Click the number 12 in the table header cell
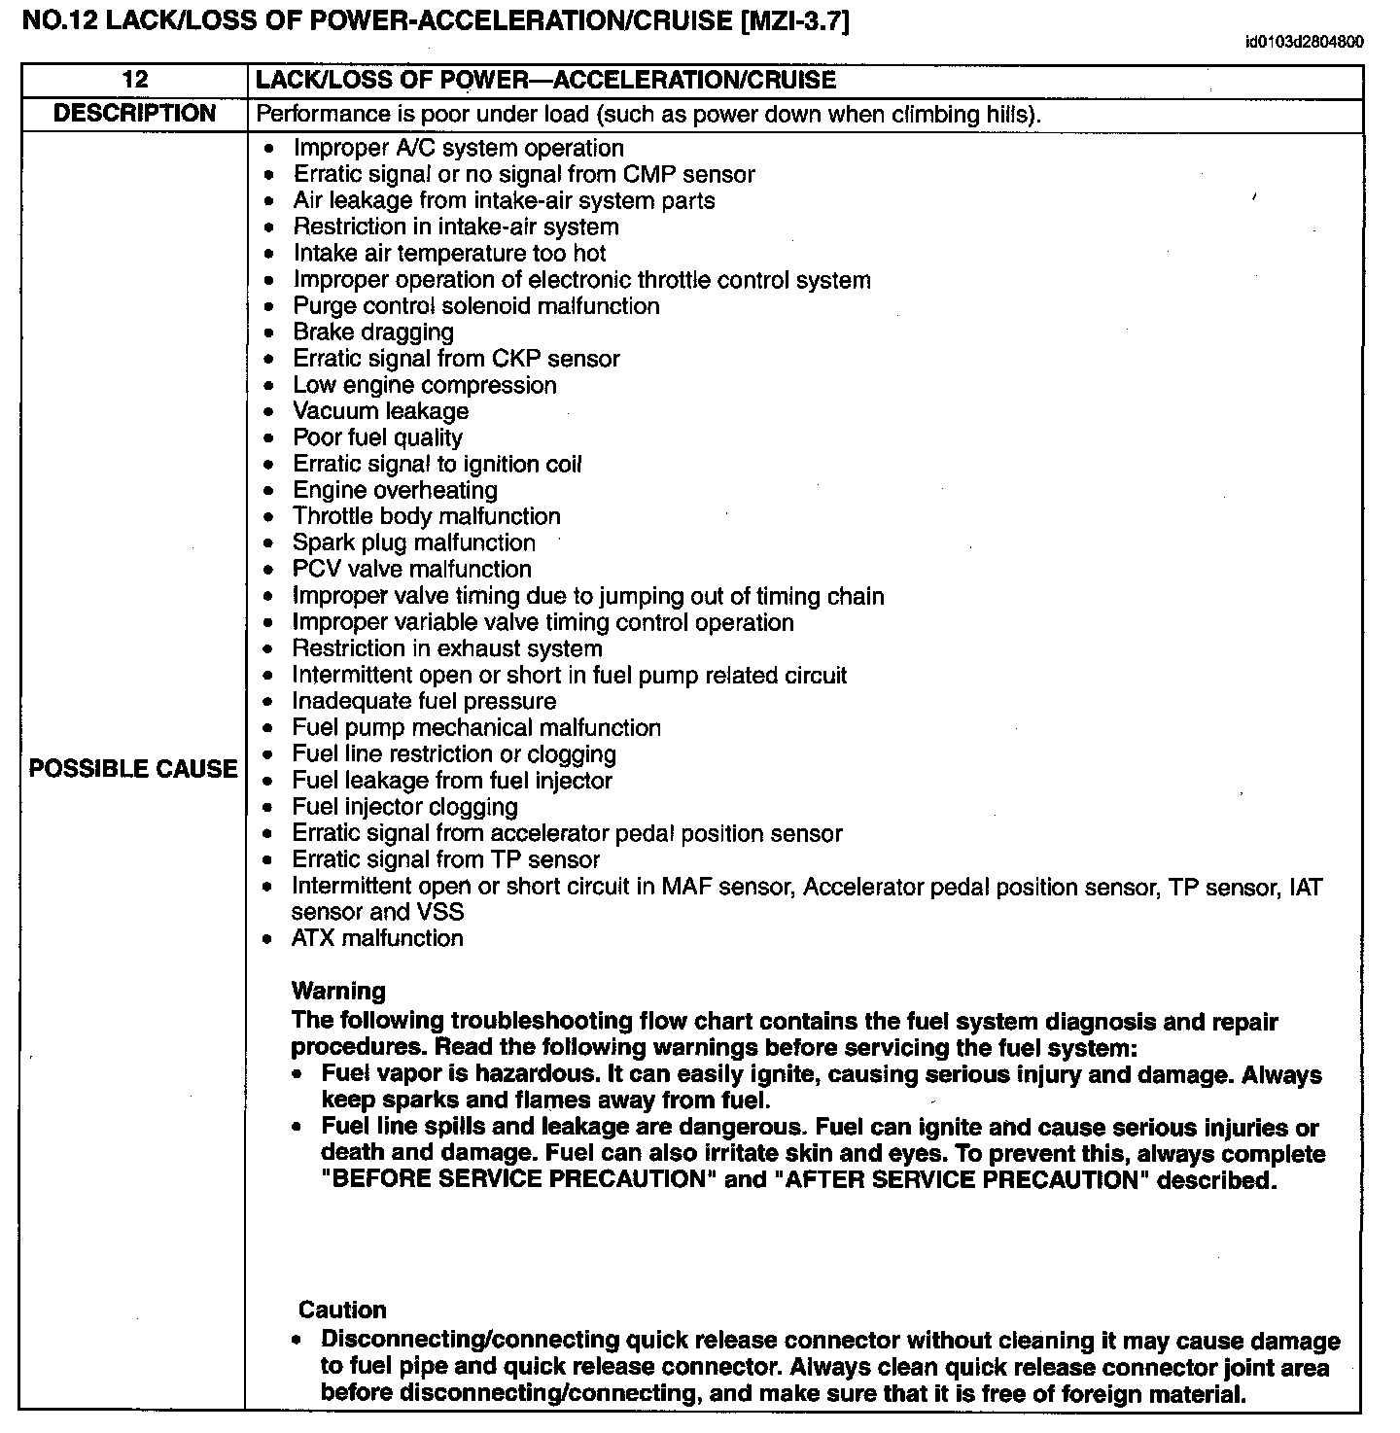tap(134, 81)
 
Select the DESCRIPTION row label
tap(134, 114)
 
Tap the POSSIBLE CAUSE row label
tap(133, 769)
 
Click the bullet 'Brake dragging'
tap(373, 332)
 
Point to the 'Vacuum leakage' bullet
tap(380, 411)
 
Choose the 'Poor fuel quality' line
tap(377, 437)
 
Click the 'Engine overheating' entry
tap(395, 490)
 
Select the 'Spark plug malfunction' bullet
tap(413, 542)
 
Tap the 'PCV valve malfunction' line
tap(411, 569)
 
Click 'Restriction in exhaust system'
tap(446, 648)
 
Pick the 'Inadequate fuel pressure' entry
tap(424, 701)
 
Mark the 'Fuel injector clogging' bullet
tap(404, 807)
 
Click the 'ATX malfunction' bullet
tap(377, 938)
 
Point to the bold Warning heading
tap(338, 991)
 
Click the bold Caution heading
tap(342, 1310)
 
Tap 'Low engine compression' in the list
tap(425, 385)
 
